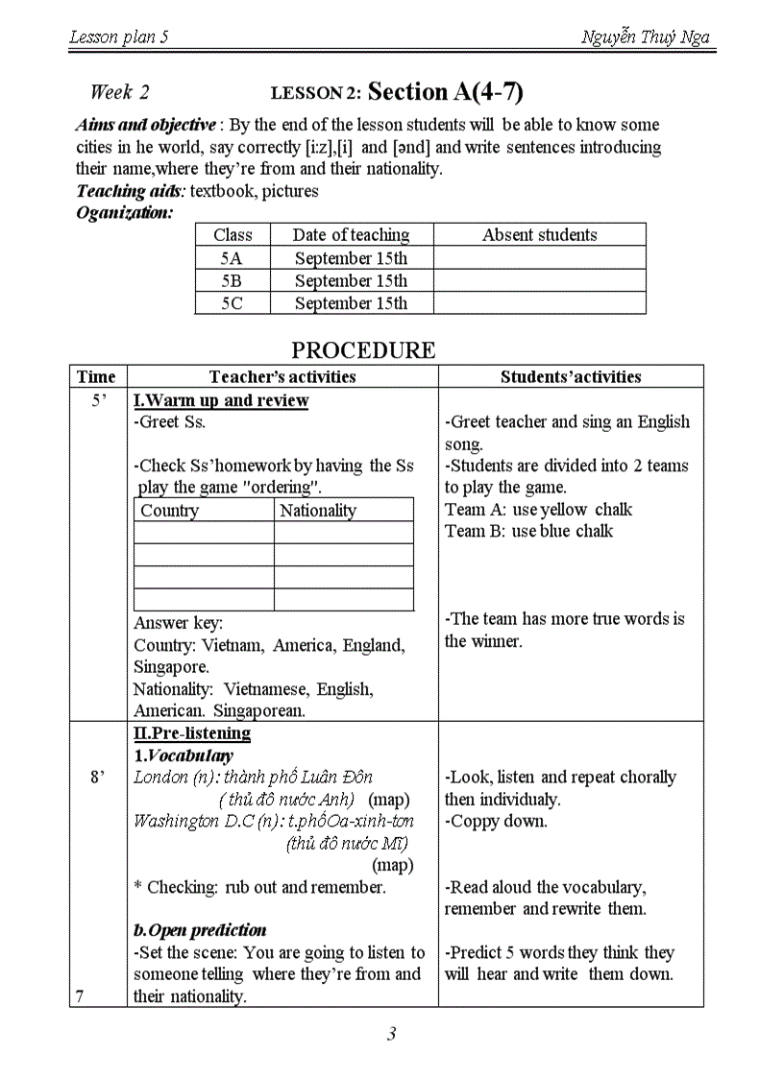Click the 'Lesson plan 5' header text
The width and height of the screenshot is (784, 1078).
point(119,37)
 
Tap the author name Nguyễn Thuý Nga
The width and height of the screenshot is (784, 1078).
point(645,37)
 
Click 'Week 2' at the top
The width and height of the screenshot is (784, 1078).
point(120,92)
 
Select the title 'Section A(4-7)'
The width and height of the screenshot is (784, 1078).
point(446,92)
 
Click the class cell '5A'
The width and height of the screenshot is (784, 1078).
point(232,258)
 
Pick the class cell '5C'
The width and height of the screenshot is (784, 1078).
point(232,303)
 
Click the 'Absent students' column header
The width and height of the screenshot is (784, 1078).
point(539,235)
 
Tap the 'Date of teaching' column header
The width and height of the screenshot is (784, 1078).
point(351,235)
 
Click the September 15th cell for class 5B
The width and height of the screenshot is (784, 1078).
point(351,281)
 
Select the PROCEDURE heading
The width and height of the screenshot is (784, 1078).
point(363,349)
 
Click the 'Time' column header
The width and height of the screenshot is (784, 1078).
point(96,377)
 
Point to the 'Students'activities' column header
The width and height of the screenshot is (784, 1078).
point(571,377)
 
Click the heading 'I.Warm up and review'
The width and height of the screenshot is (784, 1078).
point(221,400)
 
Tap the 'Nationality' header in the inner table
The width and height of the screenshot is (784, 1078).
point(317,511)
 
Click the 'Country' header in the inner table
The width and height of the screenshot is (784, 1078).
point(169,511)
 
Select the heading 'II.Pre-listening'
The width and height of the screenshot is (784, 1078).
point(192,733)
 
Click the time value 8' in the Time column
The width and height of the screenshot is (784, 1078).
point(97,778)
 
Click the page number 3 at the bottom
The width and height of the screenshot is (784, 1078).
point(391,1035)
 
